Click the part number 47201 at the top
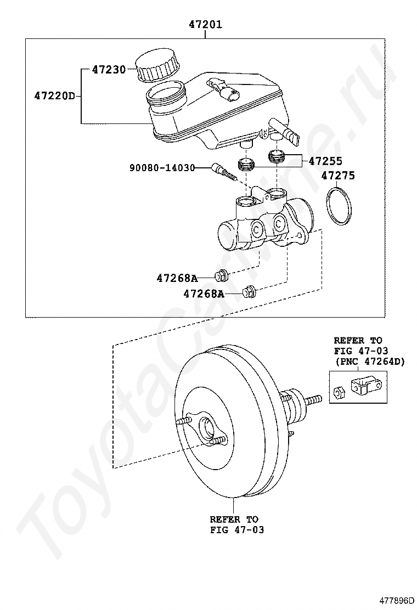(206, 25)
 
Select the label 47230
(109, 70)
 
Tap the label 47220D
(54, 95)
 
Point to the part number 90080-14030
(162, 168)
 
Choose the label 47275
(337, 176)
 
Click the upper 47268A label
(177, 278)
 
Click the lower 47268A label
(204, 294)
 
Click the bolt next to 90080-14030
(224, 171)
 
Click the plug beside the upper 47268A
(222, 275)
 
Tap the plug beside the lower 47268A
(249, 292)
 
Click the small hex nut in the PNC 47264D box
(338, 392)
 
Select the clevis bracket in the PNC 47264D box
(365, 386)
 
